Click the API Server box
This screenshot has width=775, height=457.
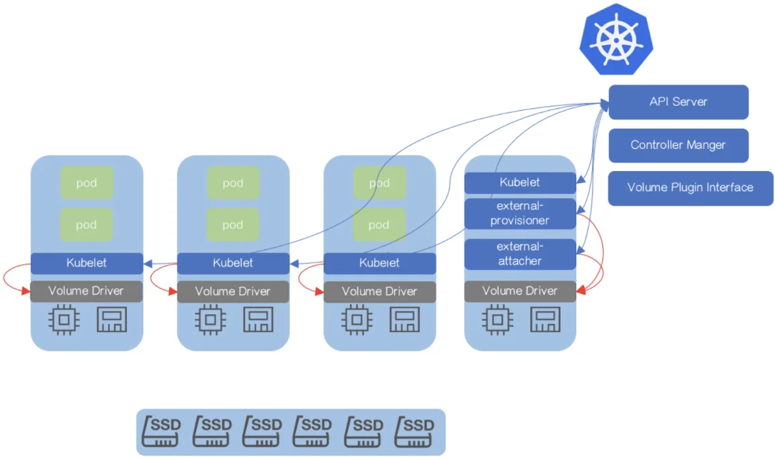click(678, 102)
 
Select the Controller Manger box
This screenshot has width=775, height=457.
click(678, 145)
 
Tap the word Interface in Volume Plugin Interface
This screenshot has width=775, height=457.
click(729, 187)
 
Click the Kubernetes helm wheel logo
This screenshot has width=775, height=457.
click(617, 39)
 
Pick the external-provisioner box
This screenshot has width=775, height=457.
click(520, 213)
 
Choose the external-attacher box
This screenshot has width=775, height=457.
click(520, 254)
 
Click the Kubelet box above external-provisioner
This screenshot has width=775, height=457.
click(520, 183)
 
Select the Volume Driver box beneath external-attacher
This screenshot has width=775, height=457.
click(520, 291)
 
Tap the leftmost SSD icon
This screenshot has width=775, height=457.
click(162, 431)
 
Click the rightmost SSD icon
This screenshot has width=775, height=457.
click(414, 431)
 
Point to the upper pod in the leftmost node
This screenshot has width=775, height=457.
click(87, 183)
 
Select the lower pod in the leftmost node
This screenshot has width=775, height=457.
click(87, 225)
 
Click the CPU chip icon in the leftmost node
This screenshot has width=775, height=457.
click(64, 319)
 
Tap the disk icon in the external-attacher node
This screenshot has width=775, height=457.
click(545, 319)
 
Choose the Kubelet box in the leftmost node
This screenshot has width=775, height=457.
click(87, 263)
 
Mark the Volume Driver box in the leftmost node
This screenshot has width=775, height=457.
click(87, 291)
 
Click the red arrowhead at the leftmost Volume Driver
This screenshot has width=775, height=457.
click(26, 291)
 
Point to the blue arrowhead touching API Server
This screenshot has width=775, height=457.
click(604, 104)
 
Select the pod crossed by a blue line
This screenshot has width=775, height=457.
click(379, 183)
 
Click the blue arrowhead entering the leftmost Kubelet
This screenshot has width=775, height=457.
click(148, 264)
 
